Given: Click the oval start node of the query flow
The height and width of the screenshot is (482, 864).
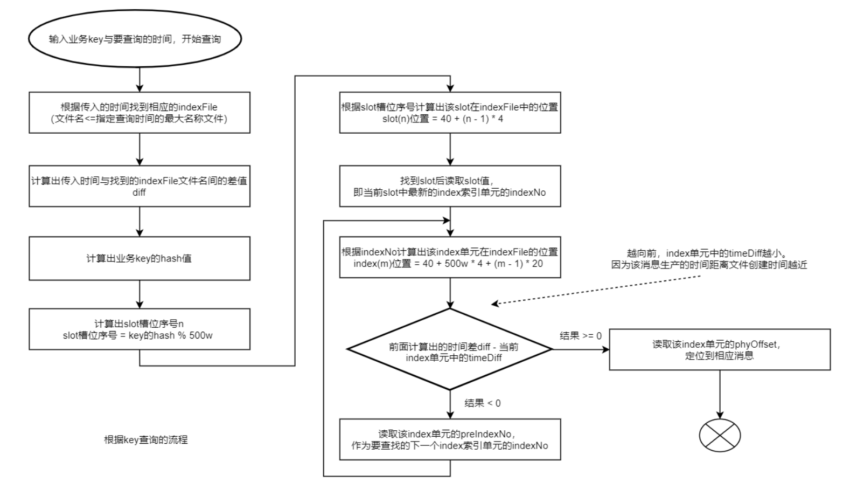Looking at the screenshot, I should (134, 39).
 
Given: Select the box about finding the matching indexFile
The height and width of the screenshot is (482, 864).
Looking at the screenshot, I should (139, 112).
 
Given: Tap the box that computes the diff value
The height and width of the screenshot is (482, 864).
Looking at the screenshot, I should (139, 186).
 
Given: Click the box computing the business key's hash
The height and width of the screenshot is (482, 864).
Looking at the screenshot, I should (139, 258).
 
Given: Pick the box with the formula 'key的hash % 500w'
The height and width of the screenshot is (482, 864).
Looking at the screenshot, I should (139, 329).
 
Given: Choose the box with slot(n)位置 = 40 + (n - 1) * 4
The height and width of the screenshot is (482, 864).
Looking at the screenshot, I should (450, 112).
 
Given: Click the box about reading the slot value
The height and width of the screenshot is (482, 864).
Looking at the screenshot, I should (450, 186).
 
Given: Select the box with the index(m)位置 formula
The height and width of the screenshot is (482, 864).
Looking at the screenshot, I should (450, 257).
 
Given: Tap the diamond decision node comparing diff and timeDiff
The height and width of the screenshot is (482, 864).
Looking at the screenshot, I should (450, 349).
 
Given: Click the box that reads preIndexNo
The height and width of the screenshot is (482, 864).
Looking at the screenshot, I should (450, 439).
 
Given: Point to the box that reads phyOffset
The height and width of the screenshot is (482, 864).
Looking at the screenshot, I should (719, 349).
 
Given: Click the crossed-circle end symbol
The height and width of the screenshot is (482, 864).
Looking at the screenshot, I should (720, 435).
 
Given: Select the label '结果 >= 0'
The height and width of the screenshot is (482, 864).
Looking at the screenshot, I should (580, 336).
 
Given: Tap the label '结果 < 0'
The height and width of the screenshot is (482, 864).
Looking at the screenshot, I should (482, 403).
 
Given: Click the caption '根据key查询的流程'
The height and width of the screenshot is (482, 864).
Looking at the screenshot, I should (145, 440).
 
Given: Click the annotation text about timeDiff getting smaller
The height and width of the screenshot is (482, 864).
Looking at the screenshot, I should (709, 259).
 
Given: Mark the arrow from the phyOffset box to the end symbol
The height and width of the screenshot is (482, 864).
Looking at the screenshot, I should (720, 394).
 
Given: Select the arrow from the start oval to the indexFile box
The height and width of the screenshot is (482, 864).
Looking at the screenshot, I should (140, 79).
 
